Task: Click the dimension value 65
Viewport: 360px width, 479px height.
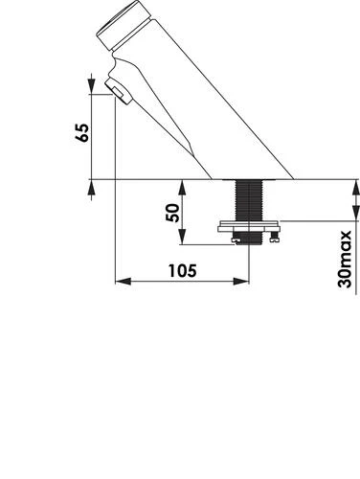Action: coord(82,132)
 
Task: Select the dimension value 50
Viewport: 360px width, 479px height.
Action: coord(173,213)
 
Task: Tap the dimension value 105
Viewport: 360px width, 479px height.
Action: coord(183,271)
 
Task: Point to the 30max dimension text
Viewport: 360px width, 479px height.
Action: coord(345,260)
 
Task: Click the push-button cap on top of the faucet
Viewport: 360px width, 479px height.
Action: coord(124,25)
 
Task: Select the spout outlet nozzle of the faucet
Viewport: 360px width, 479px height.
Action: coord(119,92)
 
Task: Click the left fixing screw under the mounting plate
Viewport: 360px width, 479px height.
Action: coord(236,239)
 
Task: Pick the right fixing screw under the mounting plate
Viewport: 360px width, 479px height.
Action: coord(275,237)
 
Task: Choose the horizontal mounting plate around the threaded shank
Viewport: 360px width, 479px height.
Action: coord(249,226)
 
